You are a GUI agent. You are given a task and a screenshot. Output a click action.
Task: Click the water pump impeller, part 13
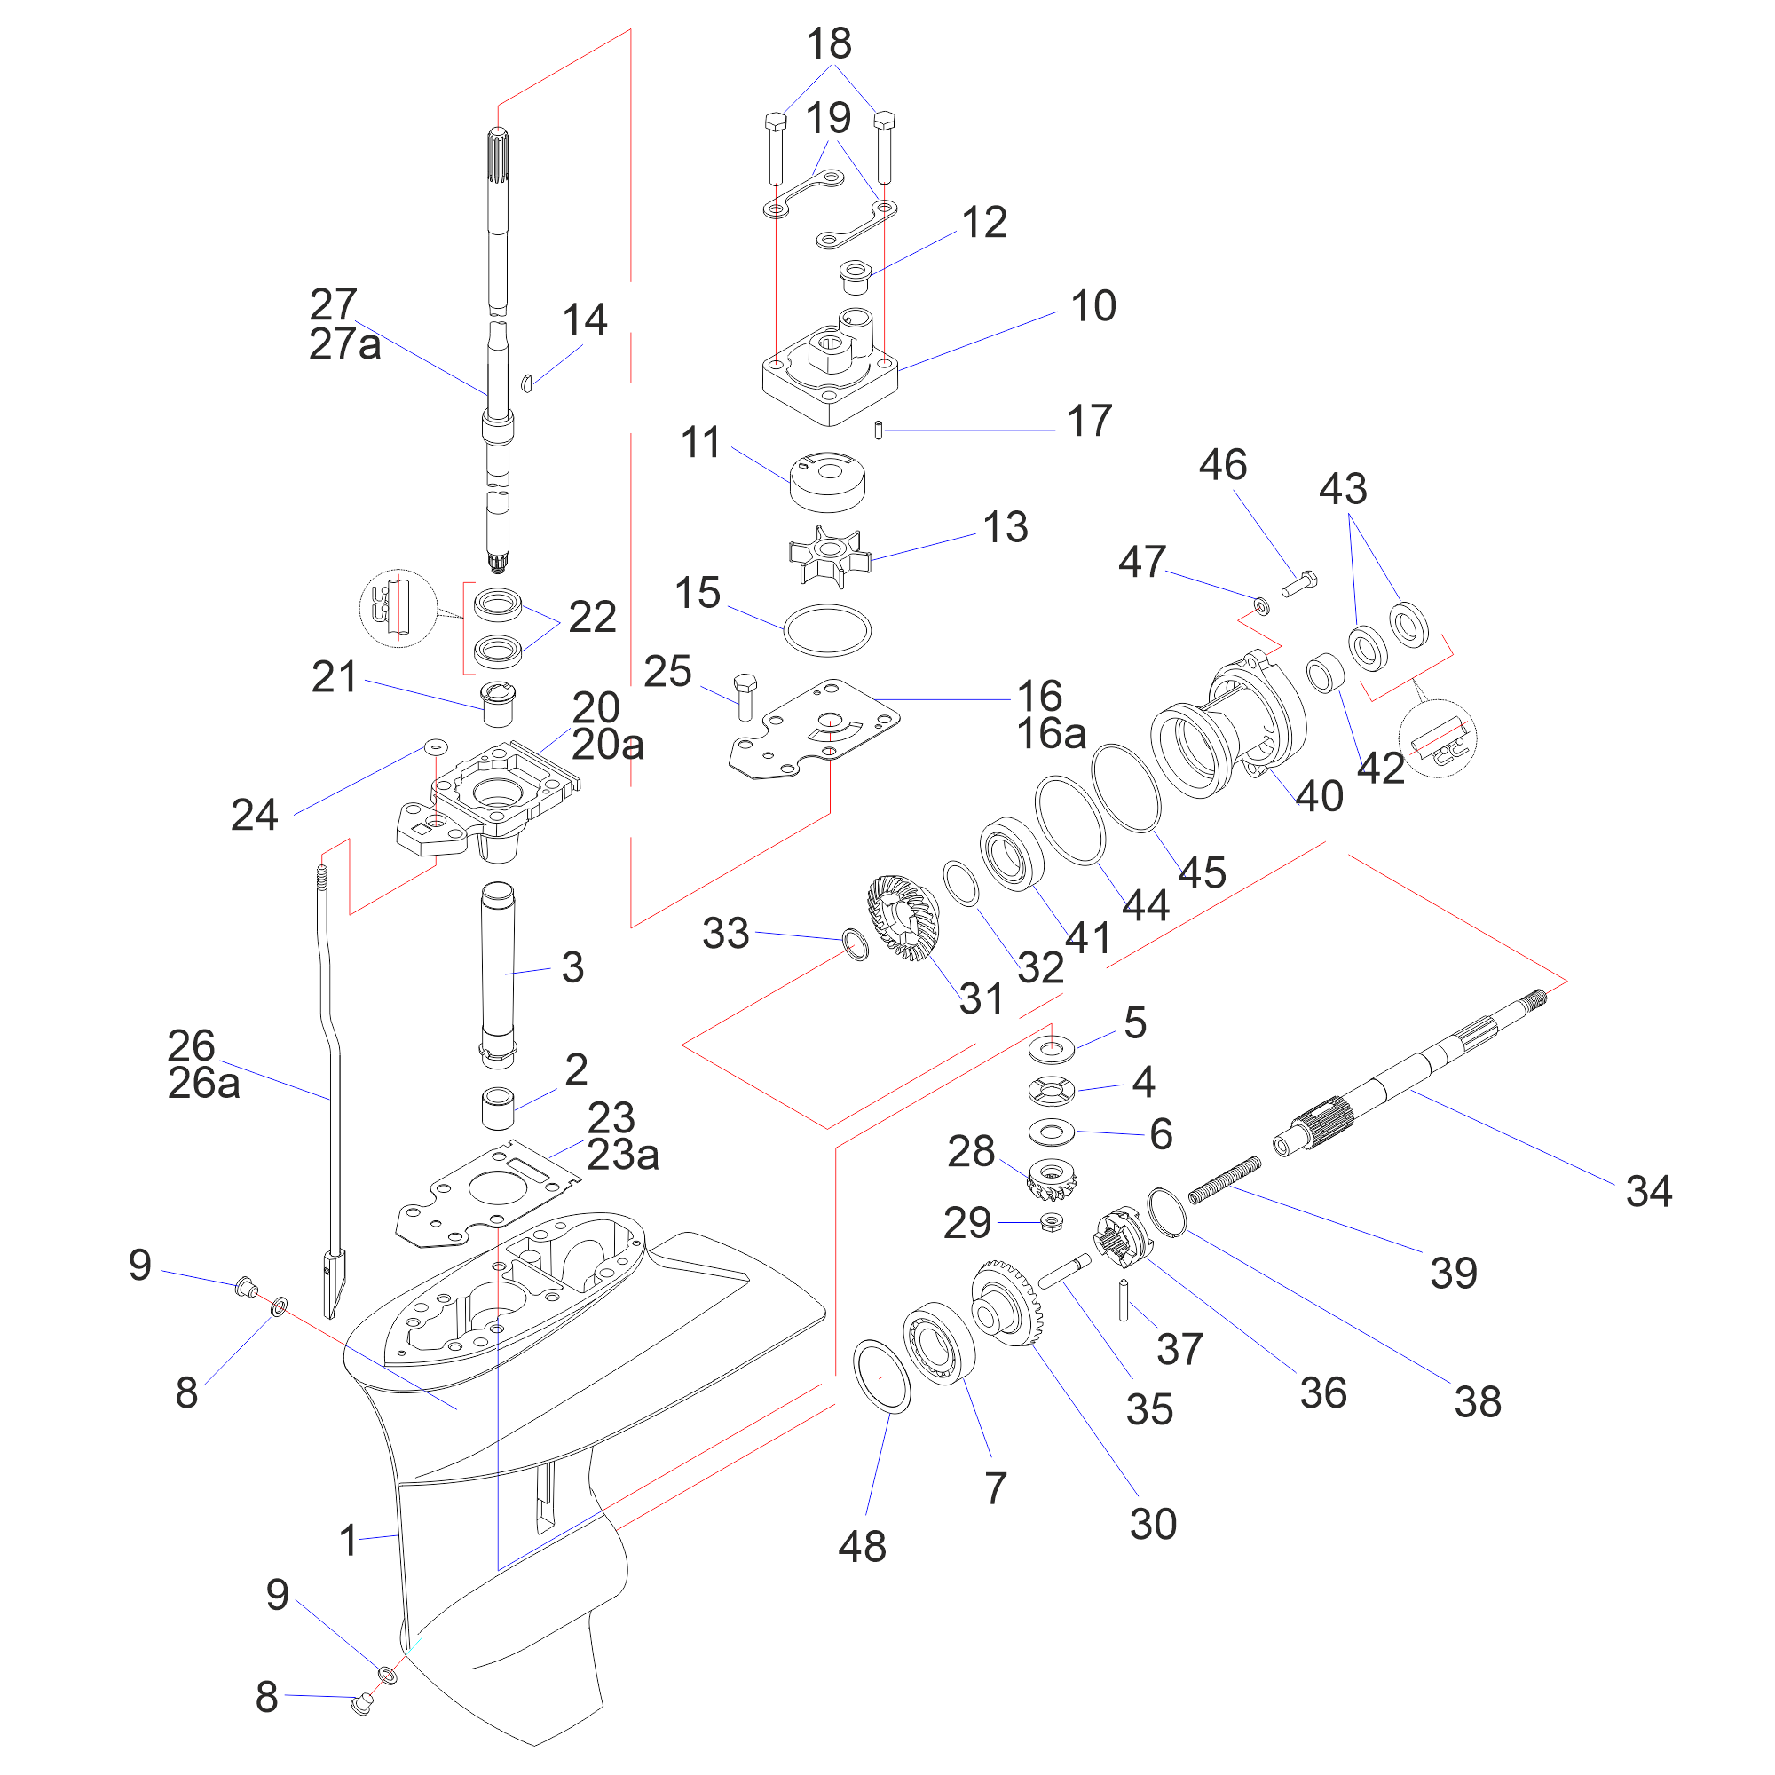click(x=829, y=555)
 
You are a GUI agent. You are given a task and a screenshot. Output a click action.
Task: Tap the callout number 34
click(x=1648, y=1192)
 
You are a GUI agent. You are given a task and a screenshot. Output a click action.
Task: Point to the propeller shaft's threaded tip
click(x=1535, y=998)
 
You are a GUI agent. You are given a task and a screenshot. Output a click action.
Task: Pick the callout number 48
click(x=862, y=1546)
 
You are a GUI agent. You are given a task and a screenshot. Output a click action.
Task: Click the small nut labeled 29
click(x=1053, y=1222)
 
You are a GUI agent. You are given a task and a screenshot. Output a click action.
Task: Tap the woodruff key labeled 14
click(x=526, y=383)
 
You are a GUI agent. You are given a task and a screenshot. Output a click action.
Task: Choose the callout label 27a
click(x=344, y=344)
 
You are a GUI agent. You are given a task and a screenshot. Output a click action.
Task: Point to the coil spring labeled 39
click(x=1224, y=1179)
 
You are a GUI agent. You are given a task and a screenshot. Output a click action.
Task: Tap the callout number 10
click(x=1093, y=306)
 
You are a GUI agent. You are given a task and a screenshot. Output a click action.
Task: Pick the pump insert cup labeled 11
click(x=828, y=481)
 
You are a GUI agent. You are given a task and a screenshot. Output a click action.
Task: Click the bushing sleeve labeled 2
click(x=498, y=1108)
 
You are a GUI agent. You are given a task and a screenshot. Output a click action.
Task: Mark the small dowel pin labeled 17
click(x=879, y=429)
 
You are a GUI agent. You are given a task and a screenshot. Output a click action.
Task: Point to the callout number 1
click(x=347, y=1540)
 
